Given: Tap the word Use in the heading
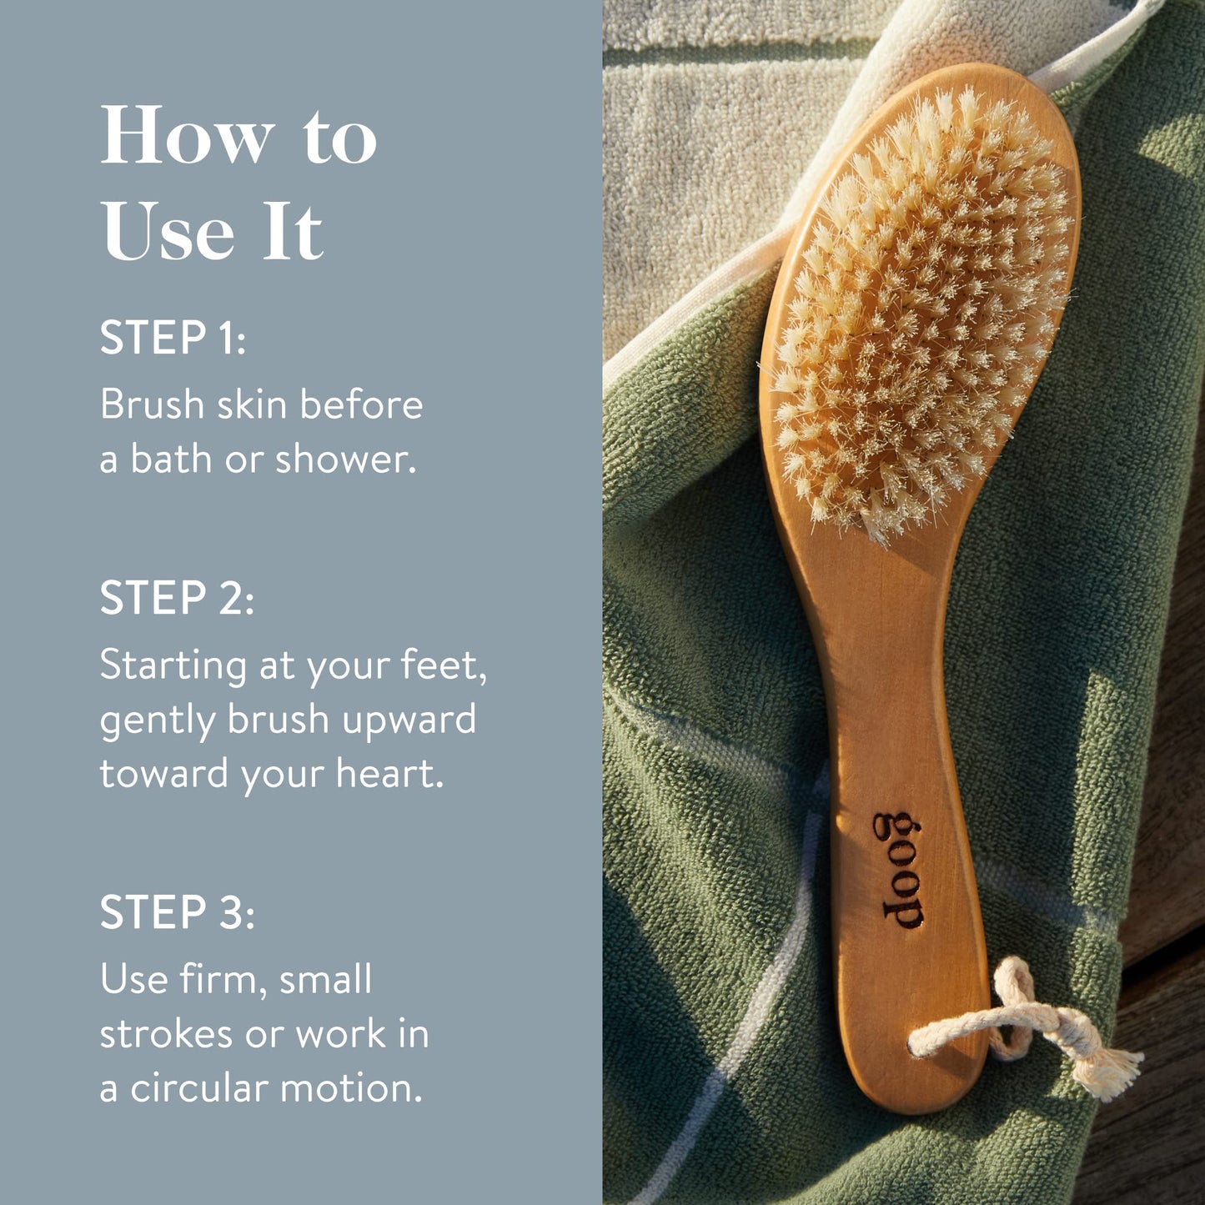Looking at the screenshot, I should point(167,231).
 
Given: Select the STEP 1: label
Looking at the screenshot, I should point(173,338).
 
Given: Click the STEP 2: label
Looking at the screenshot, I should point(176,599).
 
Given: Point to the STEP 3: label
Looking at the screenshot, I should point(177,912).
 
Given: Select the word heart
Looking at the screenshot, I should point(389,774).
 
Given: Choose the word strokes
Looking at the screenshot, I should point(166,1034).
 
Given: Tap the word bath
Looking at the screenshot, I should point(171,459).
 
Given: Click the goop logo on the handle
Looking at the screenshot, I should point(900,869).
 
